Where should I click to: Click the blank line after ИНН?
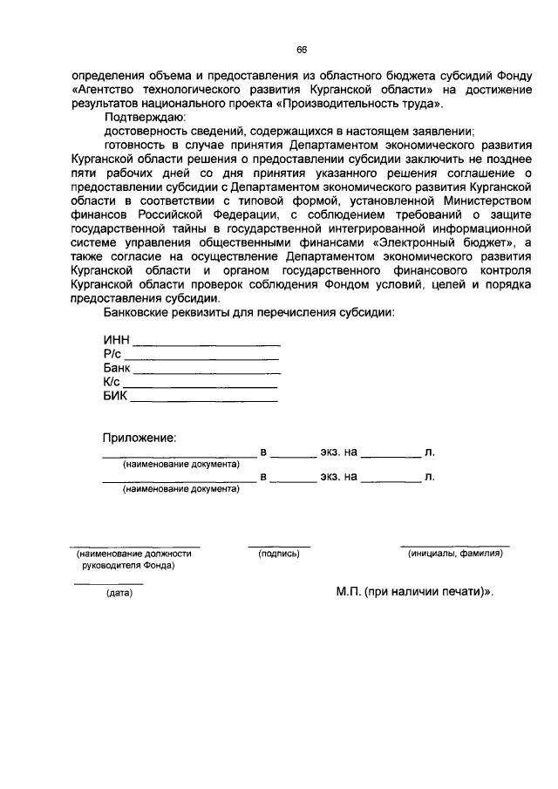206,345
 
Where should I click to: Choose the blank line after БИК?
205,400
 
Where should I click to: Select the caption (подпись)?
279,554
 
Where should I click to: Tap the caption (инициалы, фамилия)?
455,554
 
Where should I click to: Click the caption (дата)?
119,594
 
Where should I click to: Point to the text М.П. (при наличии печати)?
413,590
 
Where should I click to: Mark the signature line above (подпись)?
279,547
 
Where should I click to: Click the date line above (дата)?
108,583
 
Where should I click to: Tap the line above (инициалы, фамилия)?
455,546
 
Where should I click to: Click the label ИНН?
116,341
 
